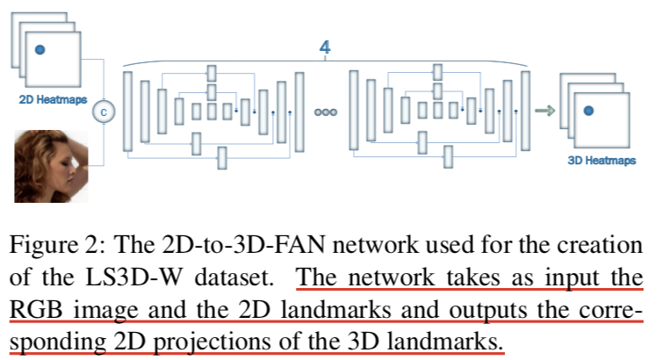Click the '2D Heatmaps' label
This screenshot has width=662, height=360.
tap(53, 100)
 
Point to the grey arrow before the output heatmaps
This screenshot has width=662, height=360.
tap(546, 110)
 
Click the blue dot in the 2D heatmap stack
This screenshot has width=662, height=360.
tap(40, 51)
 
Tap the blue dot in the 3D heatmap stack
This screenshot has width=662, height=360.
tap(588, 111)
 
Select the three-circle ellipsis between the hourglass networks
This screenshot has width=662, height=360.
tap(325, 113)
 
